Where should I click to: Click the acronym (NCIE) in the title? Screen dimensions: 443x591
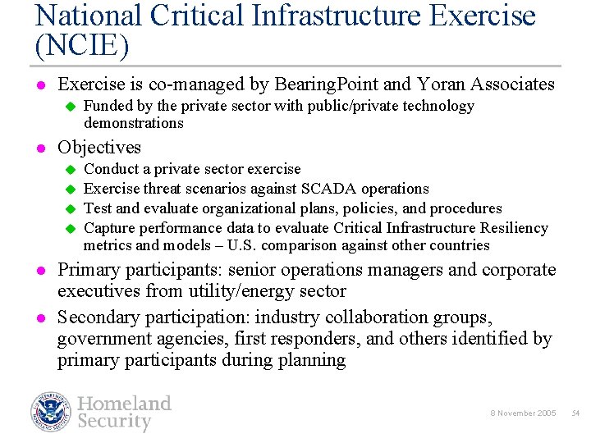click(x=82, y=45)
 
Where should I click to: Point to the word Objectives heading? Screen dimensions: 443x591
click(x=98, y=148)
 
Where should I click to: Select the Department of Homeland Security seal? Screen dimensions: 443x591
click(x=52, y=412)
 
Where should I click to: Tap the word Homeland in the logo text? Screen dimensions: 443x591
click(x=124, y=404)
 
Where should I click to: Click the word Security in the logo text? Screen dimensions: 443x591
click(x=114, y=422)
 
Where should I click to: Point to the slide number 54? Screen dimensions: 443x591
click(x=575, y=413)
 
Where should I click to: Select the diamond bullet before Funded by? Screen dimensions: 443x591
click(x=70, y=106)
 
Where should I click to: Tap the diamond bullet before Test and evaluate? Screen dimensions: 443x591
click(x=70, y=208)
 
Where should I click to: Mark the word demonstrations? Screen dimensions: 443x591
click(x=133, y=123)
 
